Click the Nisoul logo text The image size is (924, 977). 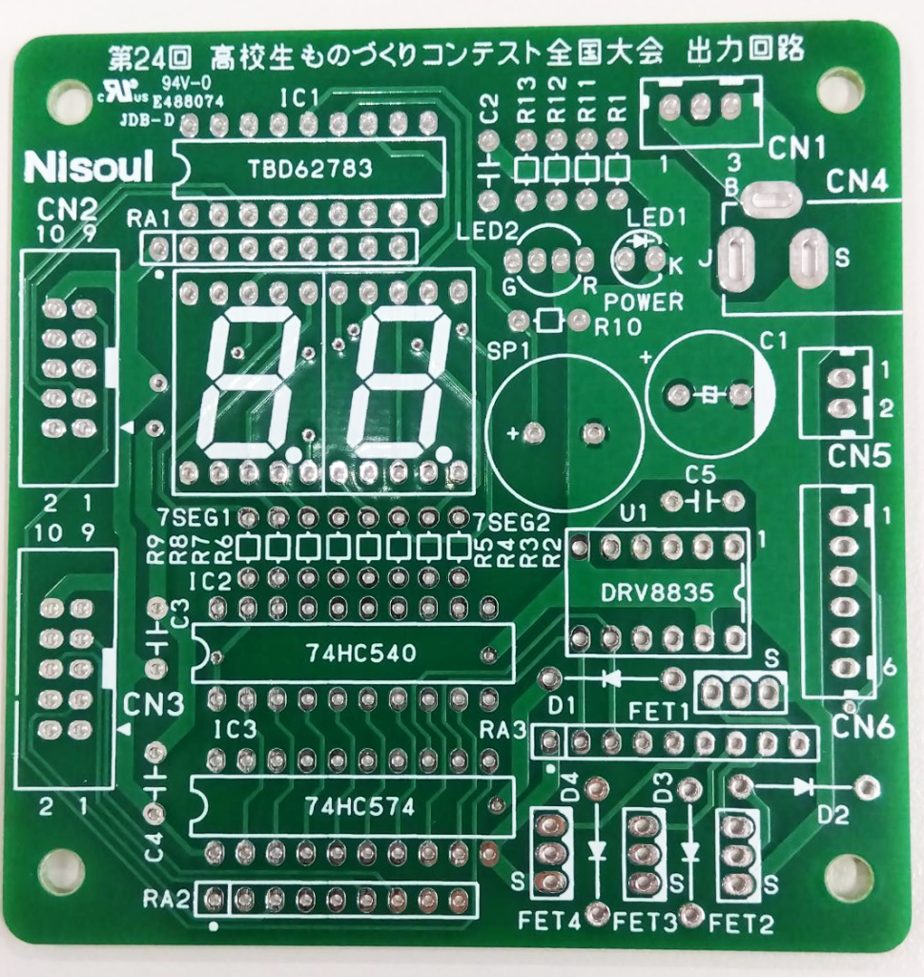point(88,167)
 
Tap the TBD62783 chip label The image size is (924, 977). point(310,168)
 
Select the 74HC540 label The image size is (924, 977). point(360,653)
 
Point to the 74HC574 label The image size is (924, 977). point(359,807)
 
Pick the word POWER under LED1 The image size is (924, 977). point(644,301)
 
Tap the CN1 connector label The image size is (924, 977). point(796,148)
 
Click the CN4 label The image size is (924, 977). point(855,182)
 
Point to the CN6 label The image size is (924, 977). point(862,726)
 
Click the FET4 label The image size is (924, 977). point(548,922)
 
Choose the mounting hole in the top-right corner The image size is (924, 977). point(836,89)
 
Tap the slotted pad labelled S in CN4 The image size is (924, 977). point(808,256)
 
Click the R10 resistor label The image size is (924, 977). point(618,326)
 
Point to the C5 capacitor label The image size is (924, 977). point(701,475)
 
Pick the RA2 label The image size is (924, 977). point(166,898)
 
